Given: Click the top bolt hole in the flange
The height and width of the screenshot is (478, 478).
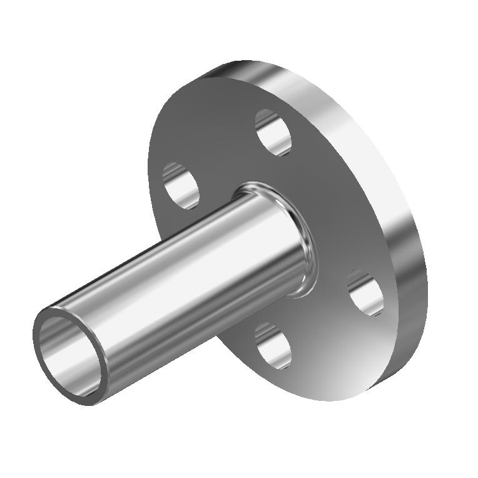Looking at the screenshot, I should click(274, 132).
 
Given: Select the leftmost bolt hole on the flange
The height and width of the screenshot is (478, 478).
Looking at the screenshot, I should click(181, 185).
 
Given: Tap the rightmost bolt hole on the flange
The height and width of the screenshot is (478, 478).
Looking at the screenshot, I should click(365, 293).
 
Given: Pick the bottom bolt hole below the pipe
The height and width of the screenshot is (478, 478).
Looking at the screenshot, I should click(273, 345).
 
